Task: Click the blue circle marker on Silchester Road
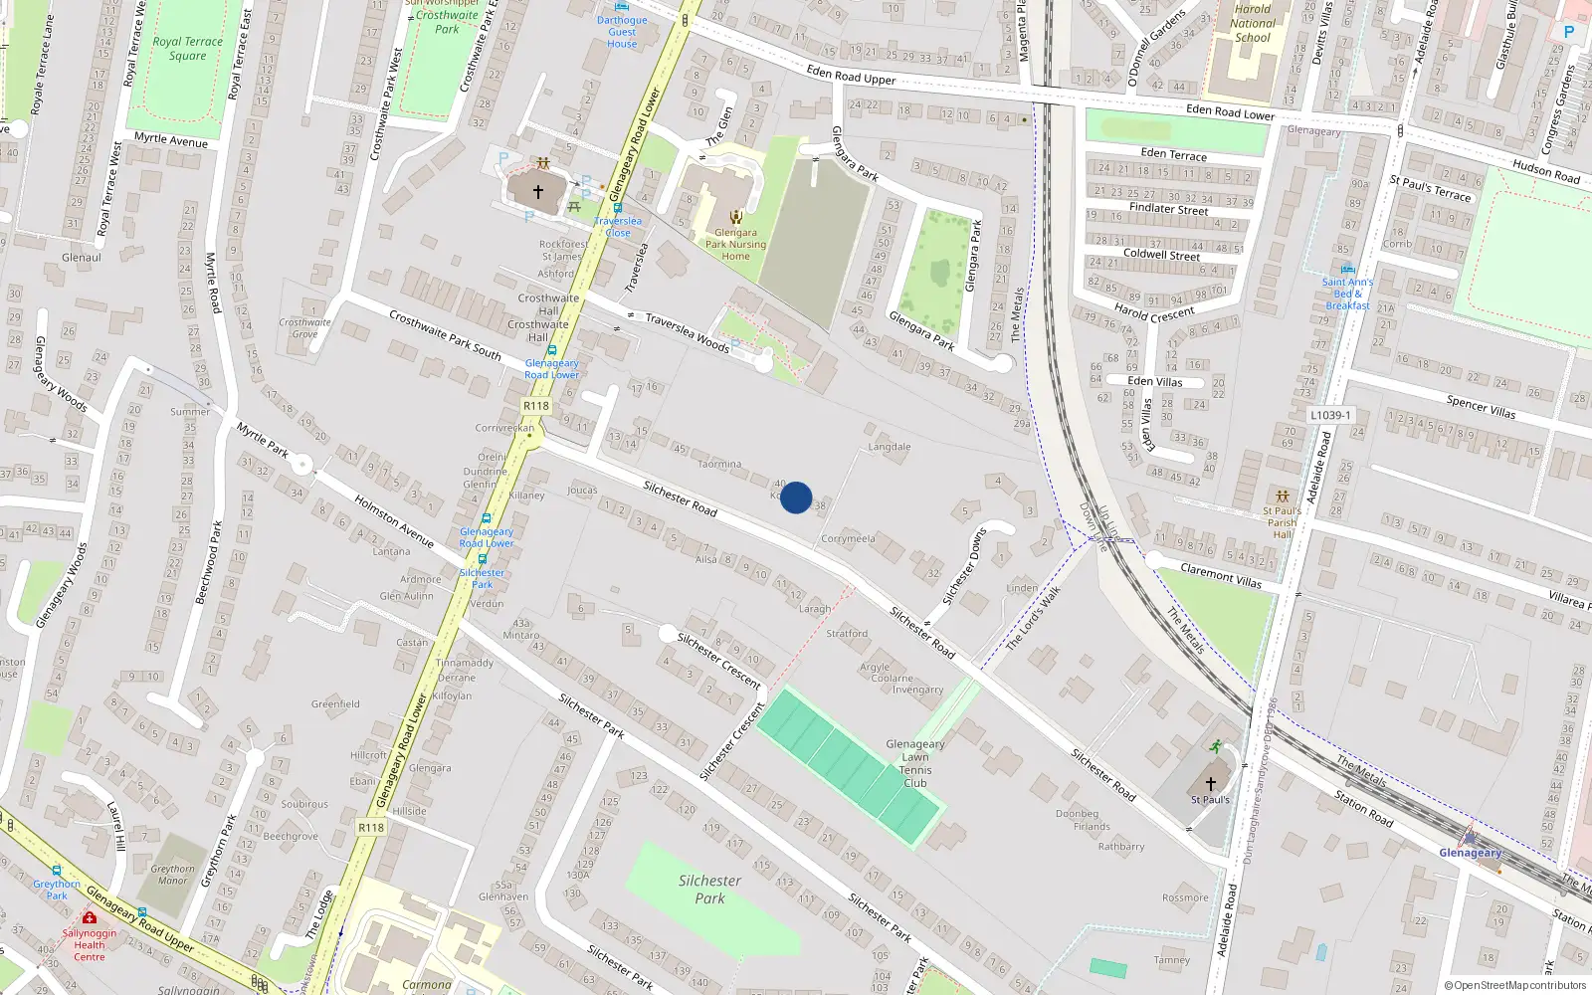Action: coord(796,497)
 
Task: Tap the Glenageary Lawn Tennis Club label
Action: coord(915,764)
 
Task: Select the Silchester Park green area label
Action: coord(709,890)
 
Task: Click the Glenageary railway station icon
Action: coord(1470,838)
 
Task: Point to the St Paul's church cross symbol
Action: coord(1211,783)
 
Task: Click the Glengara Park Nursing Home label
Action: coord(735,244)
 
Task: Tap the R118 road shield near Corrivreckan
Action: coord(536,406)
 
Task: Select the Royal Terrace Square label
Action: coord(187,49)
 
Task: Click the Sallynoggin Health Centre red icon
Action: coord(90,917)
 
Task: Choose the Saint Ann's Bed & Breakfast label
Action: coord(1347,294)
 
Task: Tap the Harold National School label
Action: coord(1253,24)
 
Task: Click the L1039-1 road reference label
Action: coord(1330,415)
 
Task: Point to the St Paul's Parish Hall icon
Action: coord(1283,496)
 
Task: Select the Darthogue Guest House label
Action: coord(622,32)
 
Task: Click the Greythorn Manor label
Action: coord(173,875)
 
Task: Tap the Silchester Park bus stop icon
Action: coord(483,559)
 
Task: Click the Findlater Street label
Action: coord(1168,209)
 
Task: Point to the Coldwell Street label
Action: coord(1161,255)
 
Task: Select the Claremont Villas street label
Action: coord(1221,575)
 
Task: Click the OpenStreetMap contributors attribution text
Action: coord(1514,985)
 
